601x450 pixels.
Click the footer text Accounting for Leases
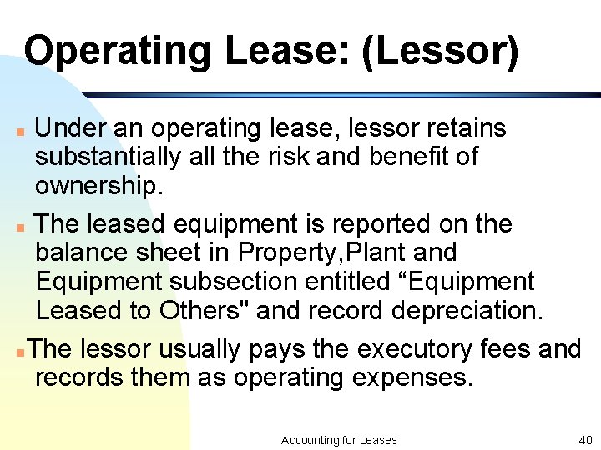(x=339, y=439)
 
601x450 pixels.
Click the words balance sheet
(x=133, y=252)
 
